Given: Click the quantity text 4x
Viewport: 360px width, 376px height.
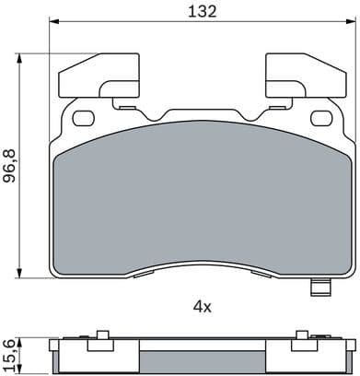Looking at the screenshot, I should (x=202, y=305).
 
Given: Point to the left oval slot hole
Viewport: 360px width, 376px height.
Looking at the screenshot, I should (x=83, y=117).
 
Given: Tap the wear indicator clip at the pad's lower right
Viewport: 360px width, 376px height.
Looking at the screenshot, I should (x=321, y=289).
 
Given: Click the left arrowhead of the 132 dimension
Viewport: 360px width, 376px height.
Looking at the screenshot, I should (x=52, y=26).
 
